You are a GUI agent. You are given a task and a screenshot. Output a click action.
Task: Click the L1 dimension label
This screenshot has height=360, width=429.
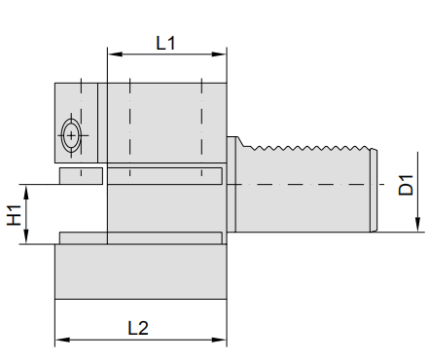165,43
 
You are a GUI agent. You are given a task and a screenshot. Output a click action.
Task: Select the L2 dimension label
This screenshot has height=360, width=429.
138,328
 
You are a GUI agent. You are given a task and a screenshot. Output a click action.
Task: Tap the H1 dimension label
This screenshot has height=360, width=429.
15,215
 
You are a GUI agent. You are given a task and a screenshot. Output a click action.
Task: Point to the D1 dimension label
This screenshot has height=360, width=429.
406,185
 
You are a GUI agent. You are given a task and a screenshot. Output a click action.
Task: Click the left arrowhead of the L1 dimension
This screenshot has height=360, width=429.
115,54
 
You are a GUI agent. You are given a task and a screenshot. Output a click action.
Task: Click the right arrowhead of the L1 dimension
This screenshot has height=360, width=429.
219,54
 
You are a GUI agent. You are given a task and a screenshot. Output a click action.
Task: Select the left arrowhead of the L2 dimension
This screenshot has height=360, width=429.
62,340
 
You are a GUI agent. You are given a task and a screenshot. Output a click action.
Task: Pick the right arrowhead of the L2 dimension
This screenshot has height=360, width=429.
219,340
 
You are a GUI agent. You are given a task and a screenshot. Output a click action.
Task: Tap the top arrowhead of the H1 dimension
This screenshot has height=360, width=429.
26,192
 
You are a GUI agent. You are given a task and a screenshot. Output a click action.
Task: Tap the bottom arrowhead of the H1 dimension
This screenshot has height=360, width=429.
26,236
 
